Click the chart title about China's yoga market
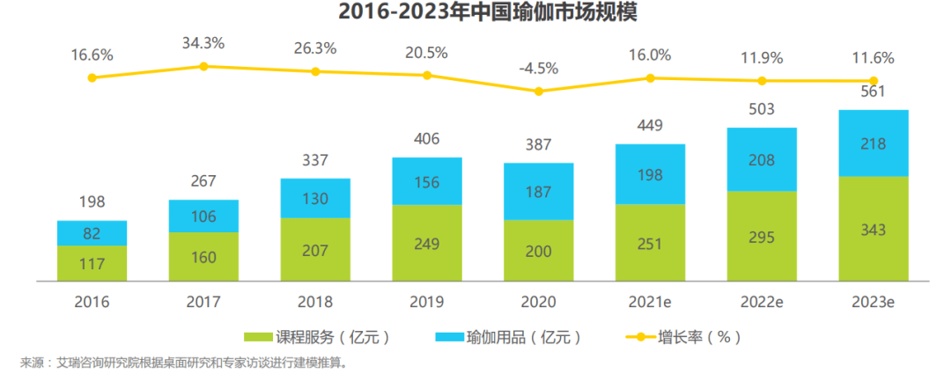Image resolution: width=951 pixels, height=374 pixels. click(475, 13)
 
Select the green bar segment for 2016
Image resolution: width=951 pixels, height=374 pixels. click(92, 264)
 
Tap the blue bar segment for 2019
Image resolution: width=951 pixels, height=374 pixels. click(427, 181)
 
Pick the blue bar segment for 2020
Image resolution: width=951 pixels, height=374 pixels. click(538, 191)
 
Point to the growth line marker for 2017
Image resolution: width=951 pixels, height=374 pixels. click(203, 66)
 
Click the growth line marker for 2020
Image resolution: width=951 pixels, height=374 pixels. click(538, 91)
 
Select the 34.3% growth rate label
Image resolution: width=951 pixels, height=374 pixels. click(203, 42)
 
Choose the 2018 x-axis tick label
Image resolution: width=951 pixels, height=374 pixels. click(315, 302)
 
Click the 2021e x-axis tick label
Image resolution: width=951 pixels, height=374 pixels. click(650, 302)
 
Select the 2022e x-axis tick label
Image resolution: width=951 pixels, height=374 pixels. click(762, 302)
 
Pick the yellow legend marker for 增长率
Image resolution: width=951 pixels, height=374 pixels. click(639, 337)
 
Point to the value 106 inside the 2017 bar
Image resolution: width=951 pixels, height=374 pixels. click(203, 216)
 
